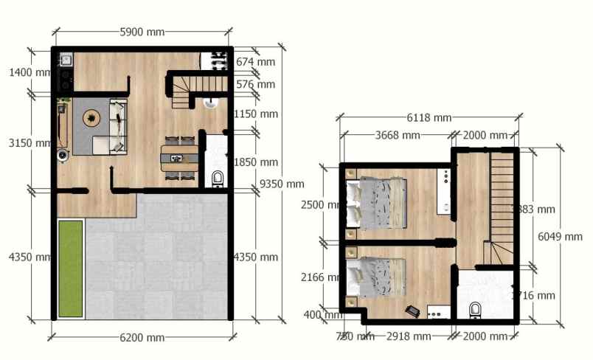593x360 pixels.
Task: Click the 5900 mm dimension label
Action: coord(142,32)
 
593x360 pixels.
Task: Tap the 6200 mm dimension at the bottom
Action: coord(142,338)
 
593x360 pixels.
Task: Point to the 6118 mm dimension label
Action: coord(429,117)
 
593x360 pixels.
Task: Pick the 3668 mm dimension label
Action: coord(398,136)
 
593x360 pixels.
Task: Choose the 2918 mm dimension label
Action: coord(408,336)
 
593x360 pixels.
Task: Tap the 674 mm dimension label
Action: coord(255,62)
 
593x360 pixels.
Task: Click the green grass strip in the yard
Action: coord(70,267)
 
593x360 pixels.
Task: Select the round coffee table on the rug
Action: coord(91,117)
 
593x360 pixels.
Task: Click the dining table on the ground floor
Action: coord(179,157)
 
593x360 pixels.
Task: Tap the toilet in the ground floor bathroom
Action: coord(218,178)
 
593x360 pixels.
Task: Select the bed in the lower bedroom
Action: coord(378,277)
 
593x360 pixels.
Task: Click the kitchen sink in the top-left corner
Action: coord(65,59)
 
